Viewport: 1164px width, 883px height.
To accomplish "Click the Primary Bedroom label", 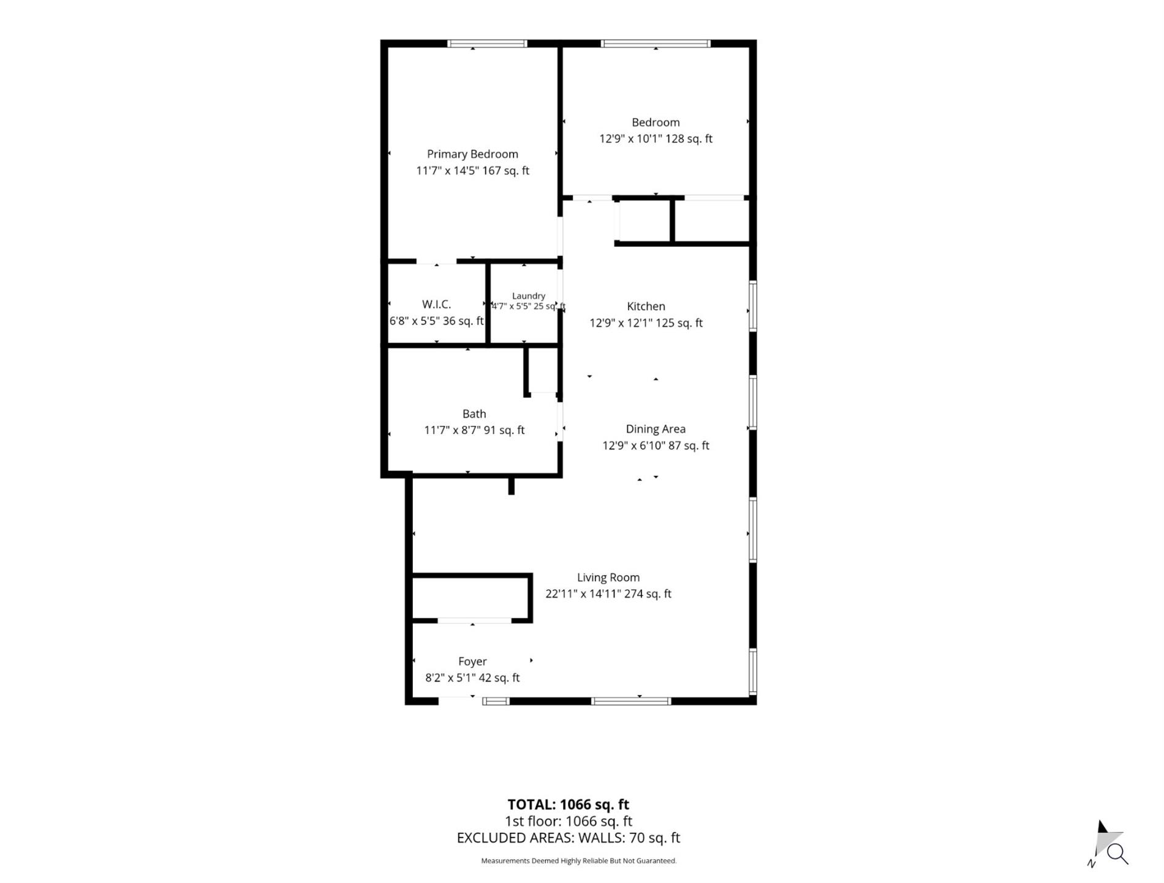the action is coord(472,154).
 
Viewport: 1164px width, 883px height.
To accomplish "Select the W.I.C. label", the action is coord(436,304).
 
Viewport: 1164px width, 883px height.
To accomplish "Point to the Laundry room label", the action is coord(528,296).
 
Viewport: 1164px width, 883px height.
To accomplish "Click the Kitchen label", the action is coord(646,306).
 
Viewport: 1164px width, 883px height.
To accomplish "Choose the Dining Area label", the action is coord(656,429).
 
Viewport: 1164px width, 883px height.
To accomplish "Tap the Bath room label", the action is coord(474,414).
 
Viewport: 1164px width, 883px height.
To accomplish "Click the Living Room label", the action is coord(608,577).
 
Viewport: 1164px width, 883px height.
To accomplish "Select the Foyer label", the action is coord(472,661).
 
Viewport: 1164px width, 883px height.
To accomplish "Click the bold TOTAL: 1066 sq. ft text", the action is coord(569,805).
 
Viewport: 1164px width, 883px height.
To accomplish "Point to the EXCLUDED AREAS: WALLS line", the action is coord(569,838).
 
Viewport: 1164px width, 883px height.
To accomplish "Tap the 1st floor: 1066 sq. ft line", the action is coord(569,821).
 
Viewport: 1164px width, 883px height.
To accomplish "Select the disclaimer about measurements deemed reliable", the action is coord(579,861).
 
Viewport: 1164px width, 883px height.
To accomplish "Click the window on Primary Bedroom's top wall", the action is coord(488,43).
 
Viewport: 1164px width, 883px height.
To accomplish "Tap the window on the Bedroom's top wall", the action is coord(656,43).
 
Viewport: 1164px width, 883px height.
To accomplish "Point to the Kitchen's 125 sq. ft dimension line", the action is coord(646,323).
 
